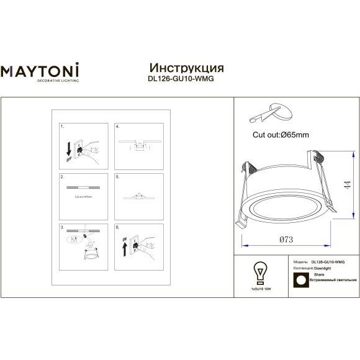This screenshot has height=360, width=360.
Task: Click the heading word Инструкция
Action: click(x=187, y=68)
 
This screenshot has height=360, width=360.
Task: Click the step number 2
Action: click(x=61, y=177)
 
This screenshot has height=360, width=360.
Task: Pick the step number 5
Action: click(x=117, y=177)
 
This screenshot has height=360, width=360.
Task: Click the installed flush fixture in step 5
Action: click(x=140, y=196)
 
